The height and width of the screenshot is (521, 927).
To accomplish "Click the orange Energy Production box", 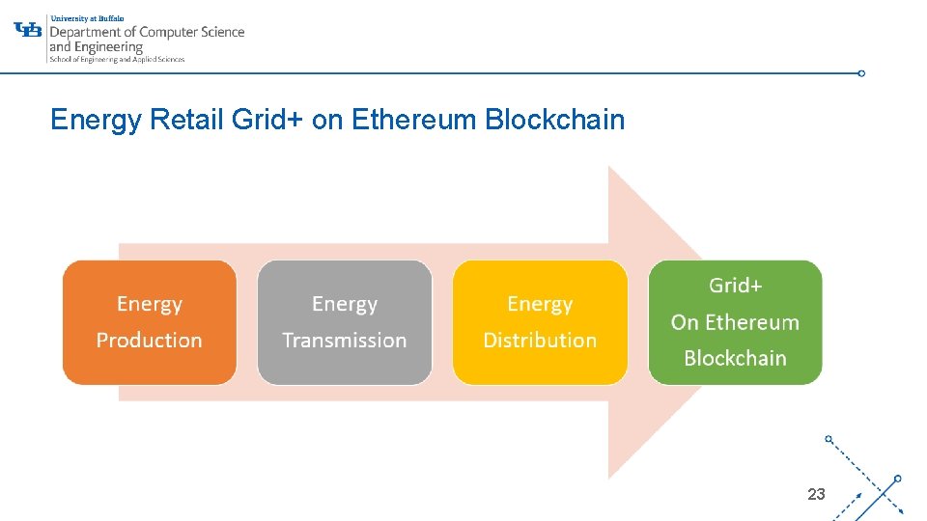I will [149, 322].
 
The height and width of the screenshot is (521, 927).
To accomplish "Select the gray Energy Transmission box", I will [344, 322].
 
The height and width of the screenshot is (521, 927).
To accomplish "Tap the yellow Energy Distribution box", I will [540, 322].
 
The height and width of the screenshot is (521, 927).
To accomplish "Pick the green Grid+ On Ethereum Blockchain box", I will [735, 322].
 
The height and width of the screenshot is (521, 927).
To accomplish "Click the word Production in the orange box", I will [149, 341].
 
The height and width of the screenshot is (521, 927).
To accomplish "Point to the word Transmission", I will [344, 341].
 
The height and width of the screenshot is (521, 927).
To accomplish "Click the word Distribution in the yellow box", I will [540, 341].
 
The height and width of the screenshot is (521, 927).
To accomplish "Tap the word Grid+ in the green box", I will [735, 286].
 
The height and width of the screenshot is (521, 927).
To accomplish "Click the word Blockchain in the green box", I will [735, 359].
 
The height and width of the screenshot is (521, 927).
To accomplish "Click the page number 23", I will [816, 494].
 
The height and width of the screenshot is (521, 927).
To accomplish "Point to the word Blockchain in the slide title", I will [554, 121].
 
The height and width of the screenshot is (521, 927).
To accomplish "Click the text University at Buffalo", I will [87, 17].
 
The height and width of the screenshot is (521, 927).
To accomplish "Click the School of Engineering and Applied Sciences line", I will [116, 60].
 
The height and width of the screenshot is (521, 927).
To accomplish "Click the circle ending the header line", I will [861, 72].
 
